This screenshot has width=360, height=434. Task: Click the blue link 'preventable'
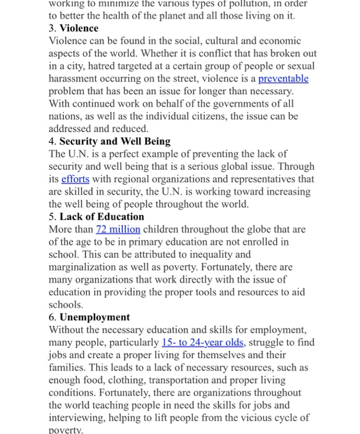283,79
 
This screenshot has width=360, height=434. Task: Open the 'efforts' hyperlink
75,179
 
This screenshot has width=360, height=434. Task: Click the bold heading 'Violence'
79,29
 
